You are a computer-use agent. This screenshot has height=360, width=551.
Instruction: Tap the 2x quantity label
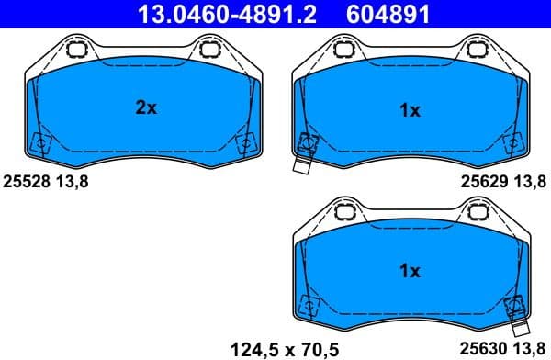[146, 108]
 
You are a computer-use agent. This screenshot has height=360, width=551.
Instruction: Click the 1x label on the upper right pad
[410, 110]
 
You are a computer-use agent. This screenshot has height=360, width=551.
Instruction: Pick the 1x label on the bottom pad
[410, 271]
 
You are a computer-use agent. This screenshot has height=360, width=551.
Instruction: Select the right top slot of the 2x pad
[209, 49]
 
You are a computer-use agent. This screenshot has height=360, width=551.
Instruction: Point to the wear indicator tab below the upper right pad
[302, 166]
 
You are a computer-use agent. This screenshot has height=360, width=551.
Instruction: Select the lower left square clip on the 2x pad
[39, 143]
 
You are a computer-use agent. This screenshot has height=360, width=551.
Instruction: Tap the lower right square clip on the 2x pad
[245, 143]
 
